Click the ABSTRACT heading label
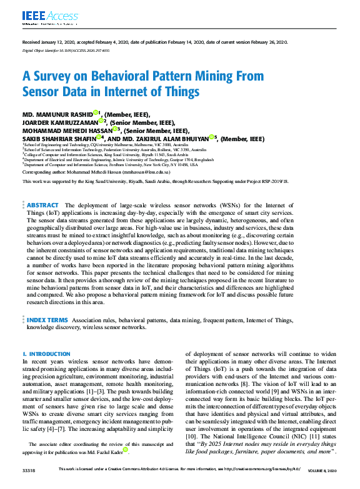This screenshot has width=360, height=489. [42, 205]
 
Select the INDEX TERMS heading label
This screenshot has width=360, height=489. [47, 320]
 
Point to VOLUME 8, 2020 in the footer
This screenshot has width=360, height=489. [322, 470]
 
